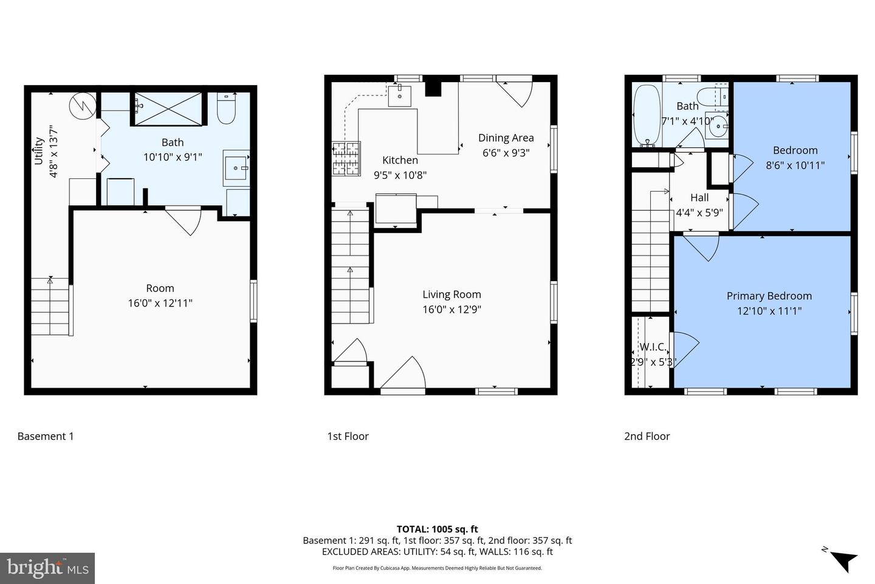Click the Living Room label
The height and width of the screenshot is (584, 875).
451,294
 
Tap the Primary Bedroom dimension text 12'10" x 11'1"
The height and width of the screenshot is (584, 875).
769,311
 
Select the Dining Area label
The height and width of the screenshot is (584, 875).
506,137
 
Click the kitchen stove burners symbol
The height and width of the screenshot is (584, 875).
346,159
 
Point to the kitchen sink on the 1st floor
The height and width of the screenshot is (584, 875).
400,96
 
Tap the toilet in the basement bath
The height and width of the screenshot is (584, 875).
226,108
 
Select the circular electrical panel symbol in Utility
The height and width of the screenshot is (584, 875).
82,106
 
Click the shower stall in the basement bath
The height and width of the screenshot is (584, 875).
168,108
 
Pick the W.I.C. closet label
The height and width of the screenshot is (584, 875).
653,347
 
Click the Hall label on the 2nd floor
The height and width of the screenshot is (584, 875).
699,198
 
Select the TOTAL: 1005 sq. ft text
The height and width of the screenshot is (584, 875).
437,529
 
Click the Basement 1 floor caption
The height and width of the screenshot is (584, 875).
46,436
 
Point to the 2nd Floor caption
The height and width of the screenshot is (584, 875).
647,436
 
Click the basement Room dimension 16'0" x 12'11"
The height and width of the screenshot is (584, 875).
160,303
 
